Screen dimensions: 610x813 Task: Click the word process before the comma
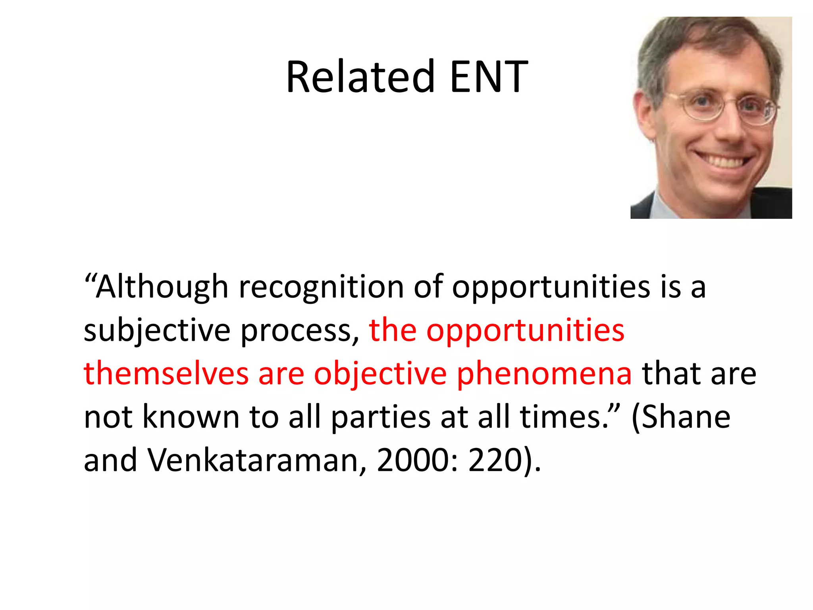click(296, 330)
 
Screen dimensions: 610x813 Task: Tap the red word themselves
click(166, 374)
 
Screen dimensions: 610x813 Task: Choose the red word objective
click(380, 374)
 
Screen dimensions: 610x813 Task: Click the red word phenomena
click(544, 374)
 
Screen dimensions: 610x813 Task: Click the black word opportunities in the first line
click(551, 287)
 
